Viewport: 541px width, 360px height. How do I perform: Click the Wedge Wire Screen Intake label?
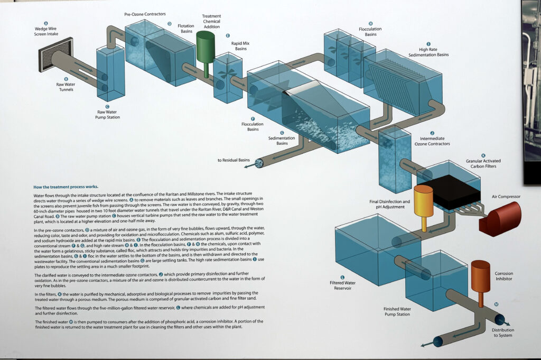46,31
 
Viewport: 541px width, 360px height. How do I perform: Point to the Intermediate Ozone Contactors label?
432,141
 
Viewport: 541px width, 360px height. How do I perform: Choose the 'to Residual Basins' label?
233,160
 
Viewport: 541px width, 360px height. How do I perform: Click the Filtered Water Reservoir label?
342,286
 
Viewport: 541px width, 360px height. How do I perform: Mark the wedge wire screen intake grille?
49,54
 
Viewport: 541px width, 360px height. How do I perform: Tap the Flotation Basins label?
185,28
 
